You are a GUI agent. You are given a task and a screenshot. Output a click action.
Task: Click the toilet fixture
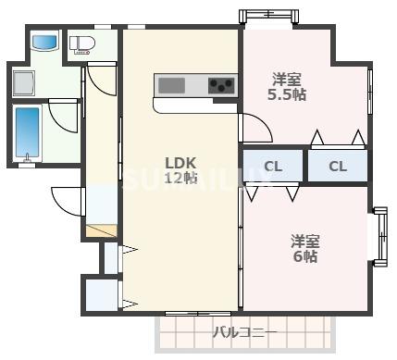coord(81,43)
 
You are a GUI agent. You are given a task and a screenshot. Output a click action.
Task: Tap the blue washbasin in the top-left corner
coord(44,43)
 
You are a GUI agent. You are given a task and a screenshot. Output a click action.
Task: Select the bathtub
coord(29,134)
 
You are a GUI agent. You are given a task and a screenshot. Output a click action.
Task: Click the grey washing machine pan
coord(25,81)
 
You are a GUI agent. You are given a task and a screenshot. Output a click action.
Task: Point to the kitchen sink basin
coord(173,86)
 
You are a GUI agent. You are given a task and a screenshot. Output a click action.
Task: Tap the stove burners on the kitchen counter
coord(222,86)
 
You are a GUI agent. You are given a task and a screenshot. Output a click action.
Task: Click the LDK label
coord(181,157)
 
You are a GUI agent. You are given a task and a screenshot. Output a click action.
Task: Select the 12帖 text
coord(181,177)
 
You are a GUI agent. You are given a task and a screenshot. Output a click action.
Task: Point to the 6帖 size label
coord(304,255)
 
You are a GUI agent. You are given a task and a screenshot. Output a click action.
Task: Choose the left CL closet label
coord(273,167)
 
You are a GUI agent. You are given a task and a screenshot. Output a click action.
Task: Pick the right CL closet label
coord(337,167)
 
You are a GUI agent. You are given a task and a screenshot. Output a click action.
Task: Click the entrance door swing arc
coord(66,200)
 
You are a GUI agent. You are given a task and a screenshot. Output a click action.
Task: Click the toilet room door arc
coord(99,79)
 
